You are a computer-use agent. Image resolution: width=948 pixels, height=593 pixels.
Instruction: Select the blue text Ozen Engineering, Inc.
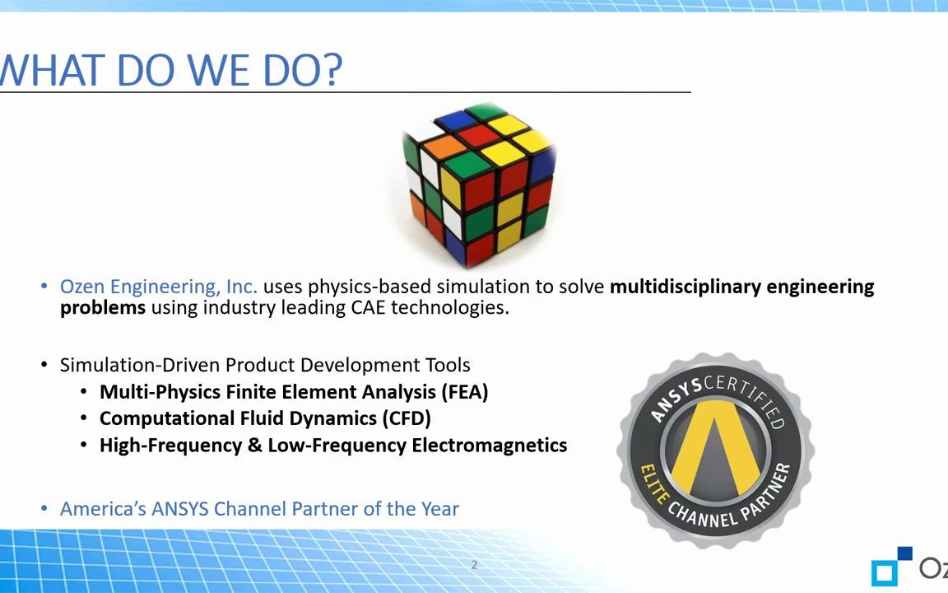158,287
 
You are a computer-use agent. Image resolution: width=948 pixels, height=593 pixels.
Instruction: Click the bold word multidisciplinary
685,287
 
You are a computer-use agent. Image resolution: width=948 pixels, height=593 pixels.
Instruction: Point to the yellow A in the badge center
714,450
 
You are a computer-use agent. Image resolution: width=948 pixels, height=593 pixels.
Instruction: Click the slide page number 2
474,565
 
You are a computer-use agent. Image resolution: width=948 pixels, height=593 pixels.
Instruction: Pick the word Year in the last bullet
439,509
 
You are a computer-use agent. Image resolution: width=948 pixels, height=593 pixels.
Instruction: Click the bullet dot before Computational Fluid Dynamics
85,418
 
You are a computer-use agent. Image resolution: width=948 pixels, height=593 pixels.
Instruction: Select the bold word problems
102,307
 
